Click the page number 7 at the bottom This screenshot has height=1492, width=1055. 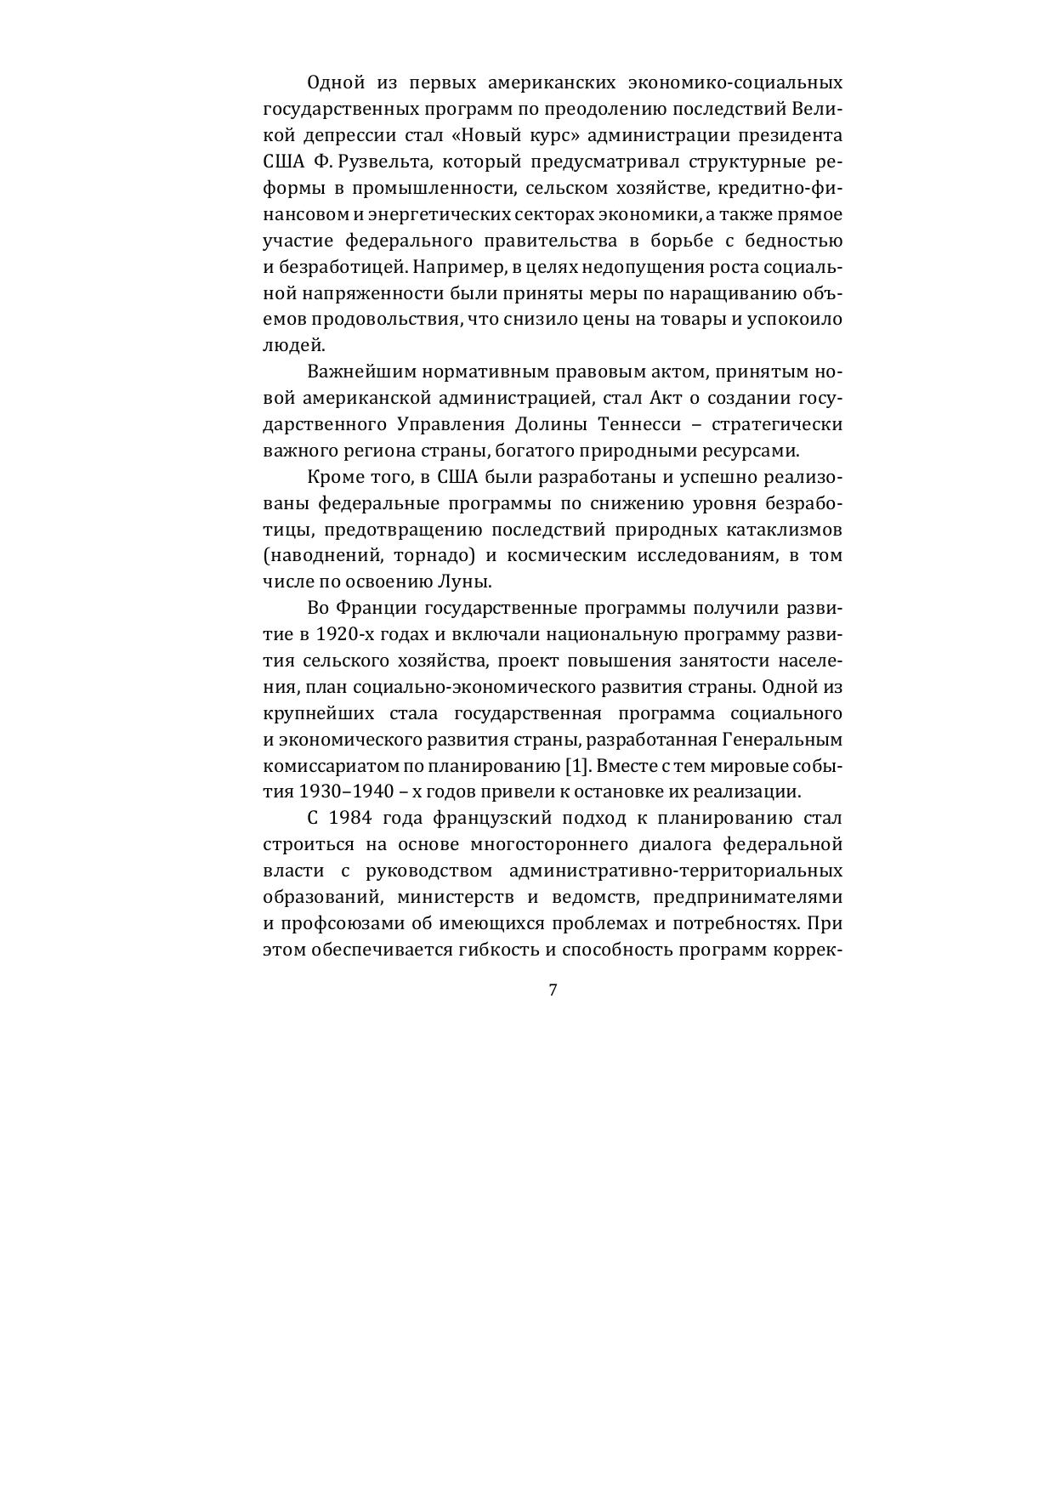point(553,990)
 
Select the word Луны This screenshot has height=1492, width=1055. point(463,582)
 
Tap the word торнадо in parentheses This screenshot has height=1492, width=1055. point(437,556)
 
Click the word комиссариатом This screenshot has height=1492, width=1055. point(324,765)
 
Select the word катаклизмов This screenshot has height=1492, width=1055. point(784,530)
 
